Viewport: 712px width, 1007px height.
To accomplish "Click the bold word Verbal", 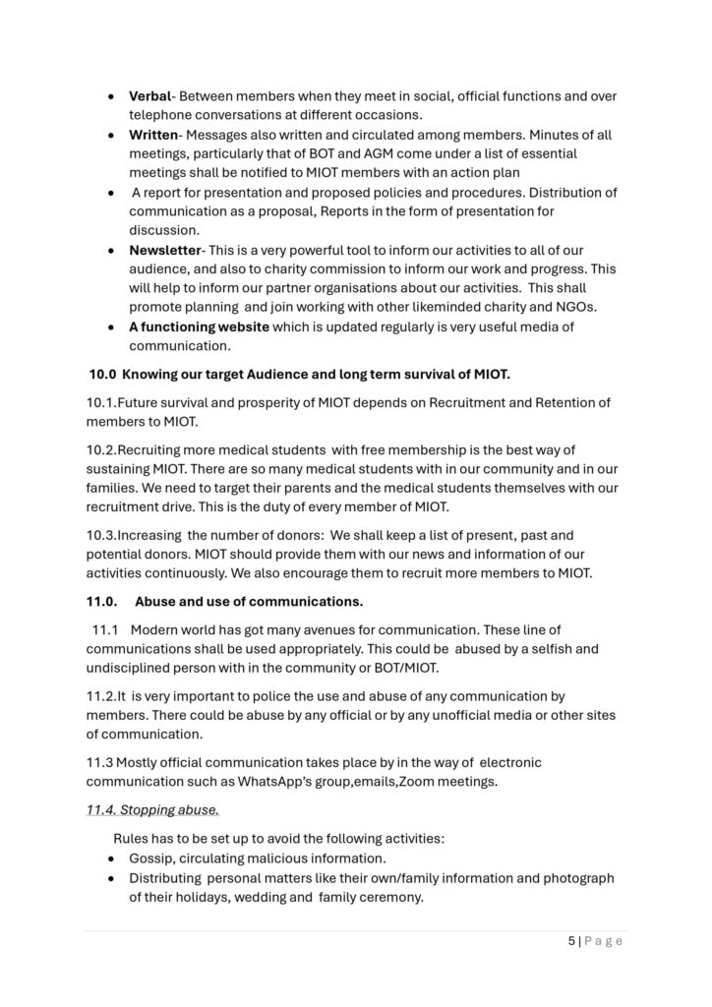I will click(x=150, y=96).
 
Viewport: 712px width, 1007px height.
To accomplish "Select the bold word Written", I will click(x=153, y=135).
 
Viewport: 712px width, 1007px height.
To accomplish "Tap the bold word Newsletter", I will click(x=164, y=251).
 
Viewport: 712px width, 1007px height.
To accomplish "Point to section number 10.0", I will click(x=102, y=374).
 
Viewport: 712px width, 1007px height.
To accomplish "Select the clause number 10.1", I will click(x=101, y=402).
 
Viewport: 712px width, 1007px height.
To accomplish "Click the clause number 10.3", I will click(x=102, y=535).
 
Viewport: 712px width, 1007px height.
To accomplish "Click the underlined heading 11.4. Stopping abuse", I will click(x=152, y=810).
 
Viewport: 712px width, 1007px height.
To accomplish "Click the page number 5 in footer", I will click(x=571, y=941).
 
